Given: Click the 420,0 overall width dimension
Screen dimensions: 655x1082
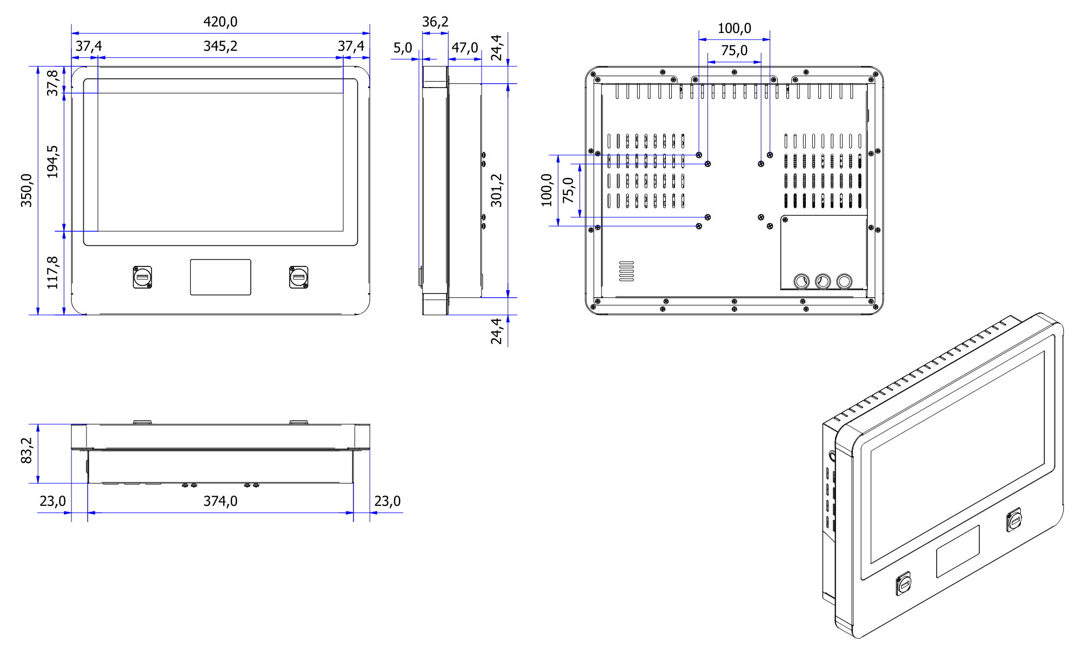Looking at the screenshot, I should click(220, 22).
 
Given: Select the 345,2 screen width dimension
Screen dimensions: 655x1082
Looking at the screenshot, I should click(220, 46).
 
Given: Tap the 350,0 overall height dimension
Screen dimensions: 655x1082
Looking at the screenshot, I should click(26, 190).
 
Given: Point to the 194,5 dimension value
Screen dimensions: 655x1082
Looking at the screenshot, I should click(52, 162).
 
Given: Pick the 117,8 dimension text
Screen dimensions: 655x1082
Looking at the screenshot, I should click(52, 272).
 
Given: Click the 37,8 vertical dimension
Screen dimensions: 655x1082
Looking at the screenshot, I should click(52, 83).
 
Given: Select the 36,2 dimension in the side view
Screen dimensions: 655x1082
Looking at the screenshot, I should click(435, 22).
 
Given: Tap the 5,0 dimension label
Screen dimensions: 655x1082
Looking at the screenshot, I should click(403, 48).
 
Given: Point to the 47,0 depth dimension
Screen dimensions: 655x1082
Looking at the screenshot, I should click(465, 48).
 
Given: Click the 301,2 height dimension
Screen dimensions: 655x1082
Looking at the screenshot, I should click(496, 190).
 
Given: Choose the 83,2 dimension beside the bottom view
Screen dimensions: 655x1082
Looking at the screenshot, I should click(26, 451).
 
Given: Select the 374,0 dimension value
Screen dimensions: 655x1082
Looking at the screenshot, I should click(220, 501).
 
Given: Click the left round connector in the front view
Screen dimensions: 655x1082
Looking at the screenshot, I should click(142, 277).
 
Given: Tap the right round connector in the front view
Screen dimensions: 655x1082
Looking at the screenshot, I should click(298, 277).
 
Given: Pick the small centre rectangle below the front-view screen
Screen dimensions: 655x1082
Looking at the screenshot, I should click(221, 277).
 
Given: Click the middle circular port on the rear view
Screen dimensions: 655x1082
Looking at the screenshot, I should click(823, 281).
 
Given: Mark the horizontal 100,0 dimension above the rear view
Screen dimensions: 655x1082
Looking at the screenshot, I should click(734, 28).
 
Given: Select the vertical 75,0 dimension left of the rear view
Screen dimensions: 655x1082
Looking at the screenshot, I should click(569, 190).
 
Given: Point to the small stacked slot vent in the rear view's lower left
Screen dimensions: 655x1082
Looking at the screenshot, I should click(626, 271).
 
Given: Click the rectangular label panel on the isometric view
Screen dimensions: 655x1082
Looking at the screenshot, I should click(958, 551).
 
